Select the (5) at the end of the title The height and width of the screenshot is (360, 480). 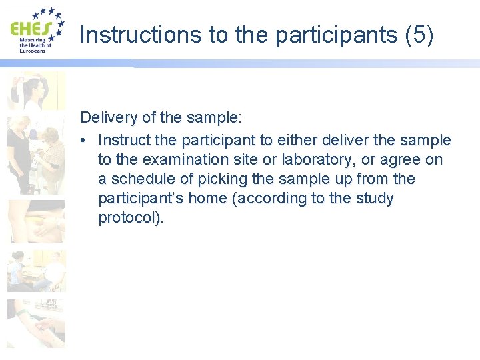coord(419,35)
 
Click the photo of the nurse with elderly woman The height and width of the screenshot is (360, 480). coord(36,154)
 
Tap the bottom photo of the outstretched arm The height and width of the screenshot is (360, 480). coord(36,323)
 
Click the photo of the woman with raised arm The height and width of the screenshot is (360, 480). coord(36,90)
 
